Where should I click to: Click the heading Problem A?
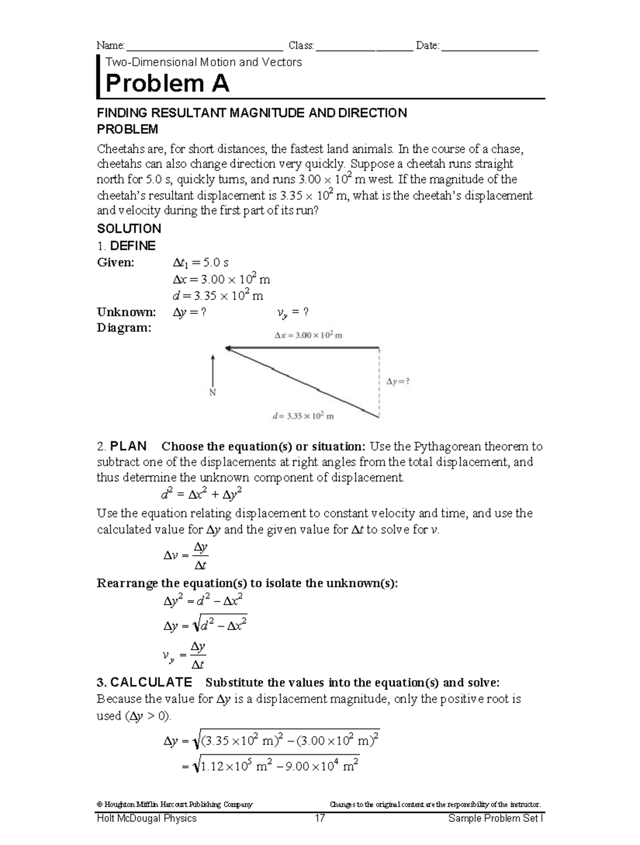[x=167, y=84]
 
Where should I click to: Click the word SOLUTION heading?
[x=129, y=229]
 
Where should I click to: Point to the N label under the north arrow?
[x=212, y=392]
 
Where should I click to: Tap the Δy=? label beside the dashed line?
[x=398, y=382]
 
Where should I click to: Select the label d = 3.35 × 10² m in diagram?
[x=302, y=416]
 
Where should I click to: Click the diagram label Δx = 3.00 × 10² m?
[x=308, y=335]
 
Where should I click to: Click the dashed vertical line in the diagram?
[x=379, y=382]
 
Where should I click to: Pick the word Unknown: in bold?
[x=126, y=312]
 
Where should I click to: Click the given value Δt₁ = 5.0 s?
[x=201, y=263]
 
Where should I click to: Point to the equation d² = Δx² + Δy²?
[x=198, y=495]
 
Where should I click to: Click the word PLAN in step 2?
[x=128, y=446]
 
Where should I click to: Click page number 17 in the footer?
[x=320, y=818]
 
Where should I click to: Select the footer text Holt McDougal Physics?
[x=147, y=818]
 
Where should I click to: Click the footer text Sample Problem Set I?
[x=495, y=818]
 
